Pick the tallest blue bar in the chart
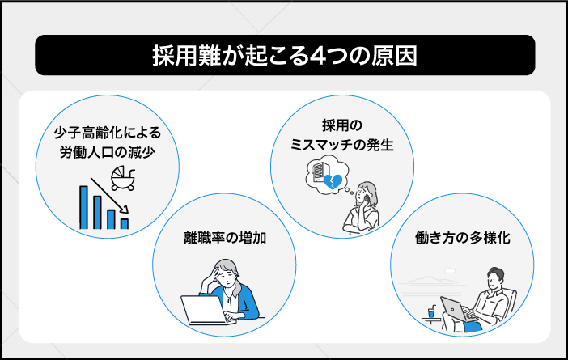(83, 208)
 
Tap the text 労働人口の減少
(104, 154)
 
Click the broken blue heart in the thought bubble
(333, 184)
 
